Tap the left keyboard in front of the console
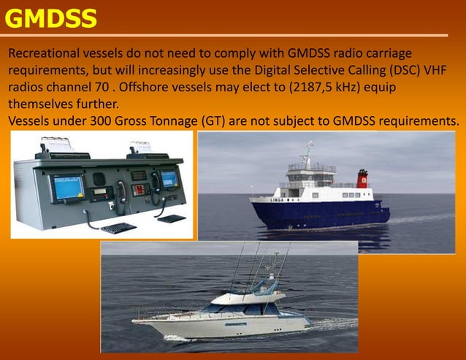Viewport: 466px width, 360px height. [118, 228]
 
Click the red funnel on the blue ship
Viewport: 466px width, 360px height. [362, 179]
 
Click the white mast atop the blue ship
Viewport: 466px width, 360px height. [309, 154]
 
